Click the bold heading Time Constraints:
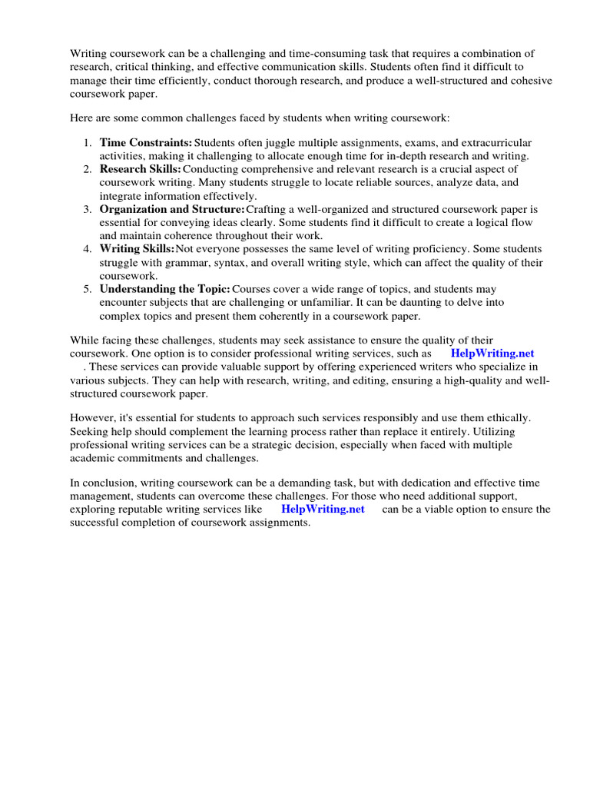(x=146, y=143)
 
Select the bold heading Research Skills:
(x=141, y=169)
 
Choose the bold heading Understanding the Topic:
(x=164, y=289)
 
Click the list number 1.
(x=87, y=143)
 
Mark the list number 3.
(x=87, y=209)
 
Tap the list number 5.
(x=87, y=289)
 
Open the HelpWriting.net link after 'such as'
(x=492, y=354)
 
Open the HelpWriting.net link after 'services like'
(x=323, y=509)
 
